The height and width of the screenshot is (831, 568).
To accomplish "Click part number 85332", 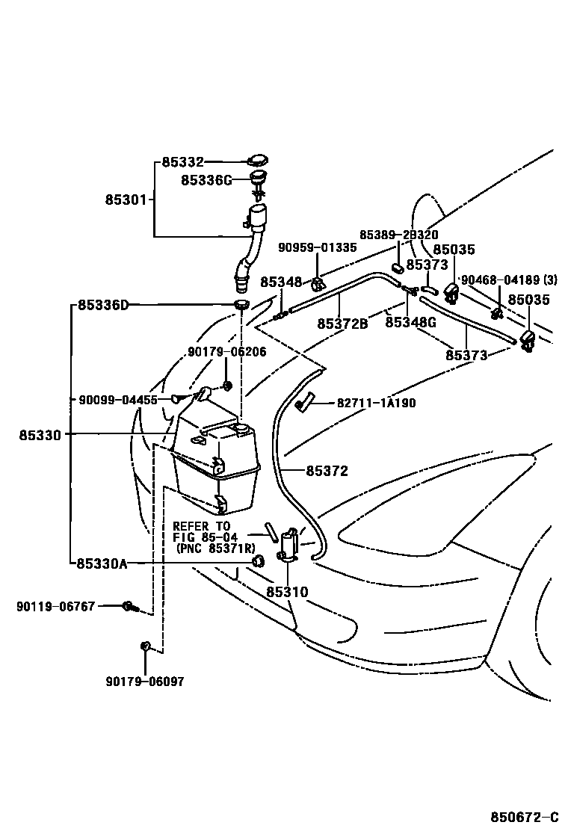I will [182, 162].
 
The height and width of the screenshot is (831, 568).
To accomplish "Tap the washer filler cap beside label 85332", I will [258, 161].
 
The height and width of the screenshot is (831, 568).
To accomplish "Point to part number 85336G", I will [206, 180].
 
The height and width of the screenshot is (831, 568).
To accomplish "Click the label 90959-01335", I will [317, 247].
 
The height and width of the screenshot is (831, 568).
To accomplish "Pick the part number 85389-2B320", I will [398, 235].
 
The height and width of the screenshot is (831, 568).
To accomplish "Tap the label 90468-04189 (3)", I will [508, 280].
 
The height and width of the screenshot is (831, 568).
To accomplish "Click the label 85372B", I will [342, 324].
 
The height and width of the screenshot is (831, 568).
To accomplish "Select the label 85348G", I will [410, 323].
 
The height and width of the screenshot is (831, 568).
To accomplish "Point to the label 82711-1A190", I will [376, 403].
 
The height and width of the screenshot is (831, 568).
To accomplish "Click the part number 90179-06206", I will [226, 351].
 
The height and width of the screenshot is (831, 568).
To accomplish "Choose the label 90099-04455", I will [118, 400].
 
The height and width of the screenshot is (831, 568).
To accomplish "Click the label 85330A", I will [102, 563].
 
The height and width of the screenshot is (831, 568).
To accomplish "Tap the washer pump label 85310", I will [287, 592].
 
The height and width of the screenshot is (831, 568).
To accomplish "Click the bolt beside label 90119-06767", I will [129, 606].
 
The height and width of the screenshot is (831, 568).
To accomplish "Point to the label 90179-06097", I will [144, 682].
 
